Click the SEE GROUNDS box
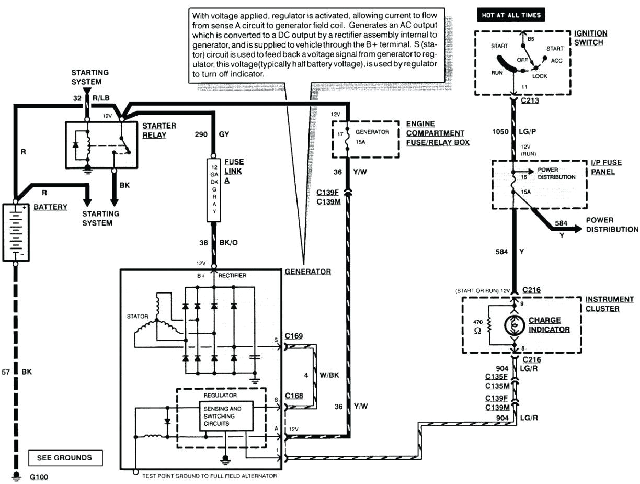[64, 457]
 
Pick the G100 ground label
[39, 477]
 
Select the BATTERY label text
[50, 207]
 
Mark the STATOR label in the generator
[137, 316]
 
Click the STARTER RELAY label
[158, 130]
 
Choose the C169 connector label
[294, 336]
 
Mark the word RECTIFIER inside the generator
[233, 275]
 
